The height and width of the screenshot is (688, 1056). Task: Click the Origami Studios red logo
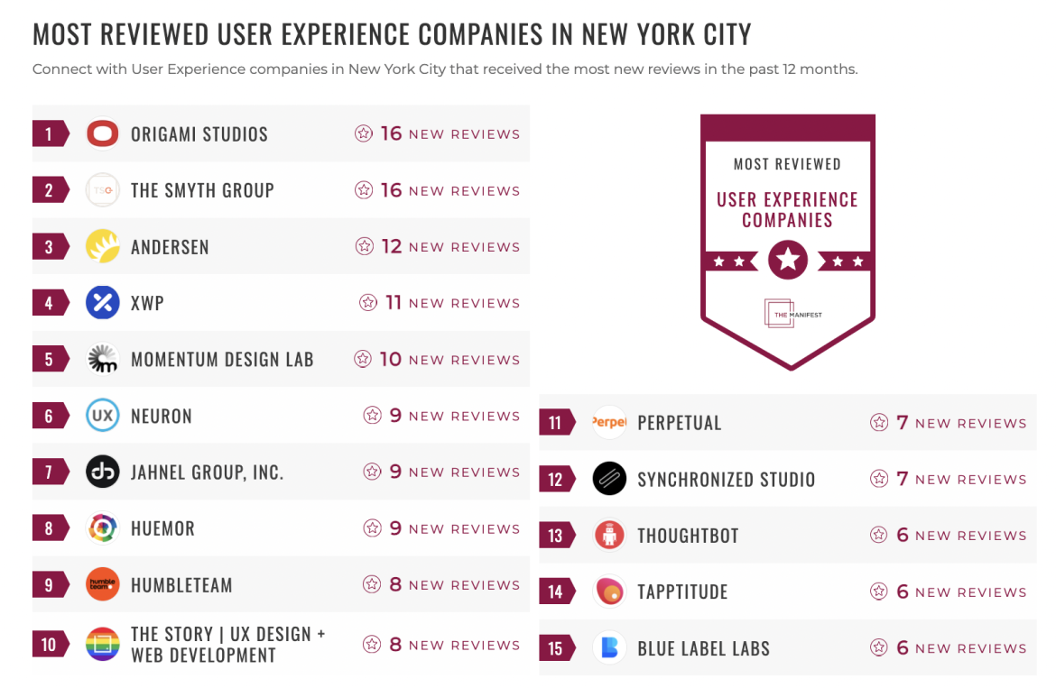[x=102, y=134]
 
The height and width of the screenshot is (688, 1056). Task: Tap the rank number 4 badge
[x=50, y=303]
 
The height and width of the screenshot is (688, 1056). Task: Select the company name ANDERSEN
[x=170, y=247]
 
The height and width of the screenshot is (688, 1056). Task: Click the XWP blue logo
[x=102, y=303]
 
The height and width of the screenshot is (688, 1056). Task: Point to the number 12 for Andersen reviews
[x=391, y=246]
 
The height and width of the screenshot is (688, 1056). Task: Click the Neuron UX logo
[x=102, y=416]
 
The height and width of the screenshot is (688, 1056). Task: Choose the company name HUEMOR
[x=162, y=528]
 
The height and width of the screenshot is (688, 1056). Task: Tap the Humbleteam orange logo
[x=102, y=584]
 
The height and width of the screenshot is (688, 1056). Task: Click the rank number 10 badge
[x=50, y=645]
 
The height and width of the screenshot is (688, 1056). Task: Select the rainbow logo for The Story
[x=102, y=645]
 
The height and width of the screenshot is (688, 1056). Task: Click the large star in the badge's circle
[x=788, y=261]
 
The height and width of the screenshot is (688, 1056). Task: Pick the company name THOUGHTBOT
[x=688, y=536]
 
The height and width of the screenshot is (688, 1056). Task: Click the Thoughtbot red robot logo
[x=609, y=536]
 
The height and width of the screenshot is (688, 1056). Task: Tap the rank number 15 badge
[x=556, y=648]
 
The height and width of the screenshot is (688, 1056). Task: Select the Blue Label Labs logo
[x=609, y=648]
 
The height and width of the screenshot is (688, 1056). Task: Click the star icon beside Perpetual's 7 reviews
[x=878, y=423]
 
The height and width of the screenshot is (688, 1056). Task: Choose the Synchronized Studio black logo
[x=609, y=479]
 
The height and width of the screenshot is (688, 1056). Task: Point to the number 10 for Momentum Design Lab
[x=390, y=359]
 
